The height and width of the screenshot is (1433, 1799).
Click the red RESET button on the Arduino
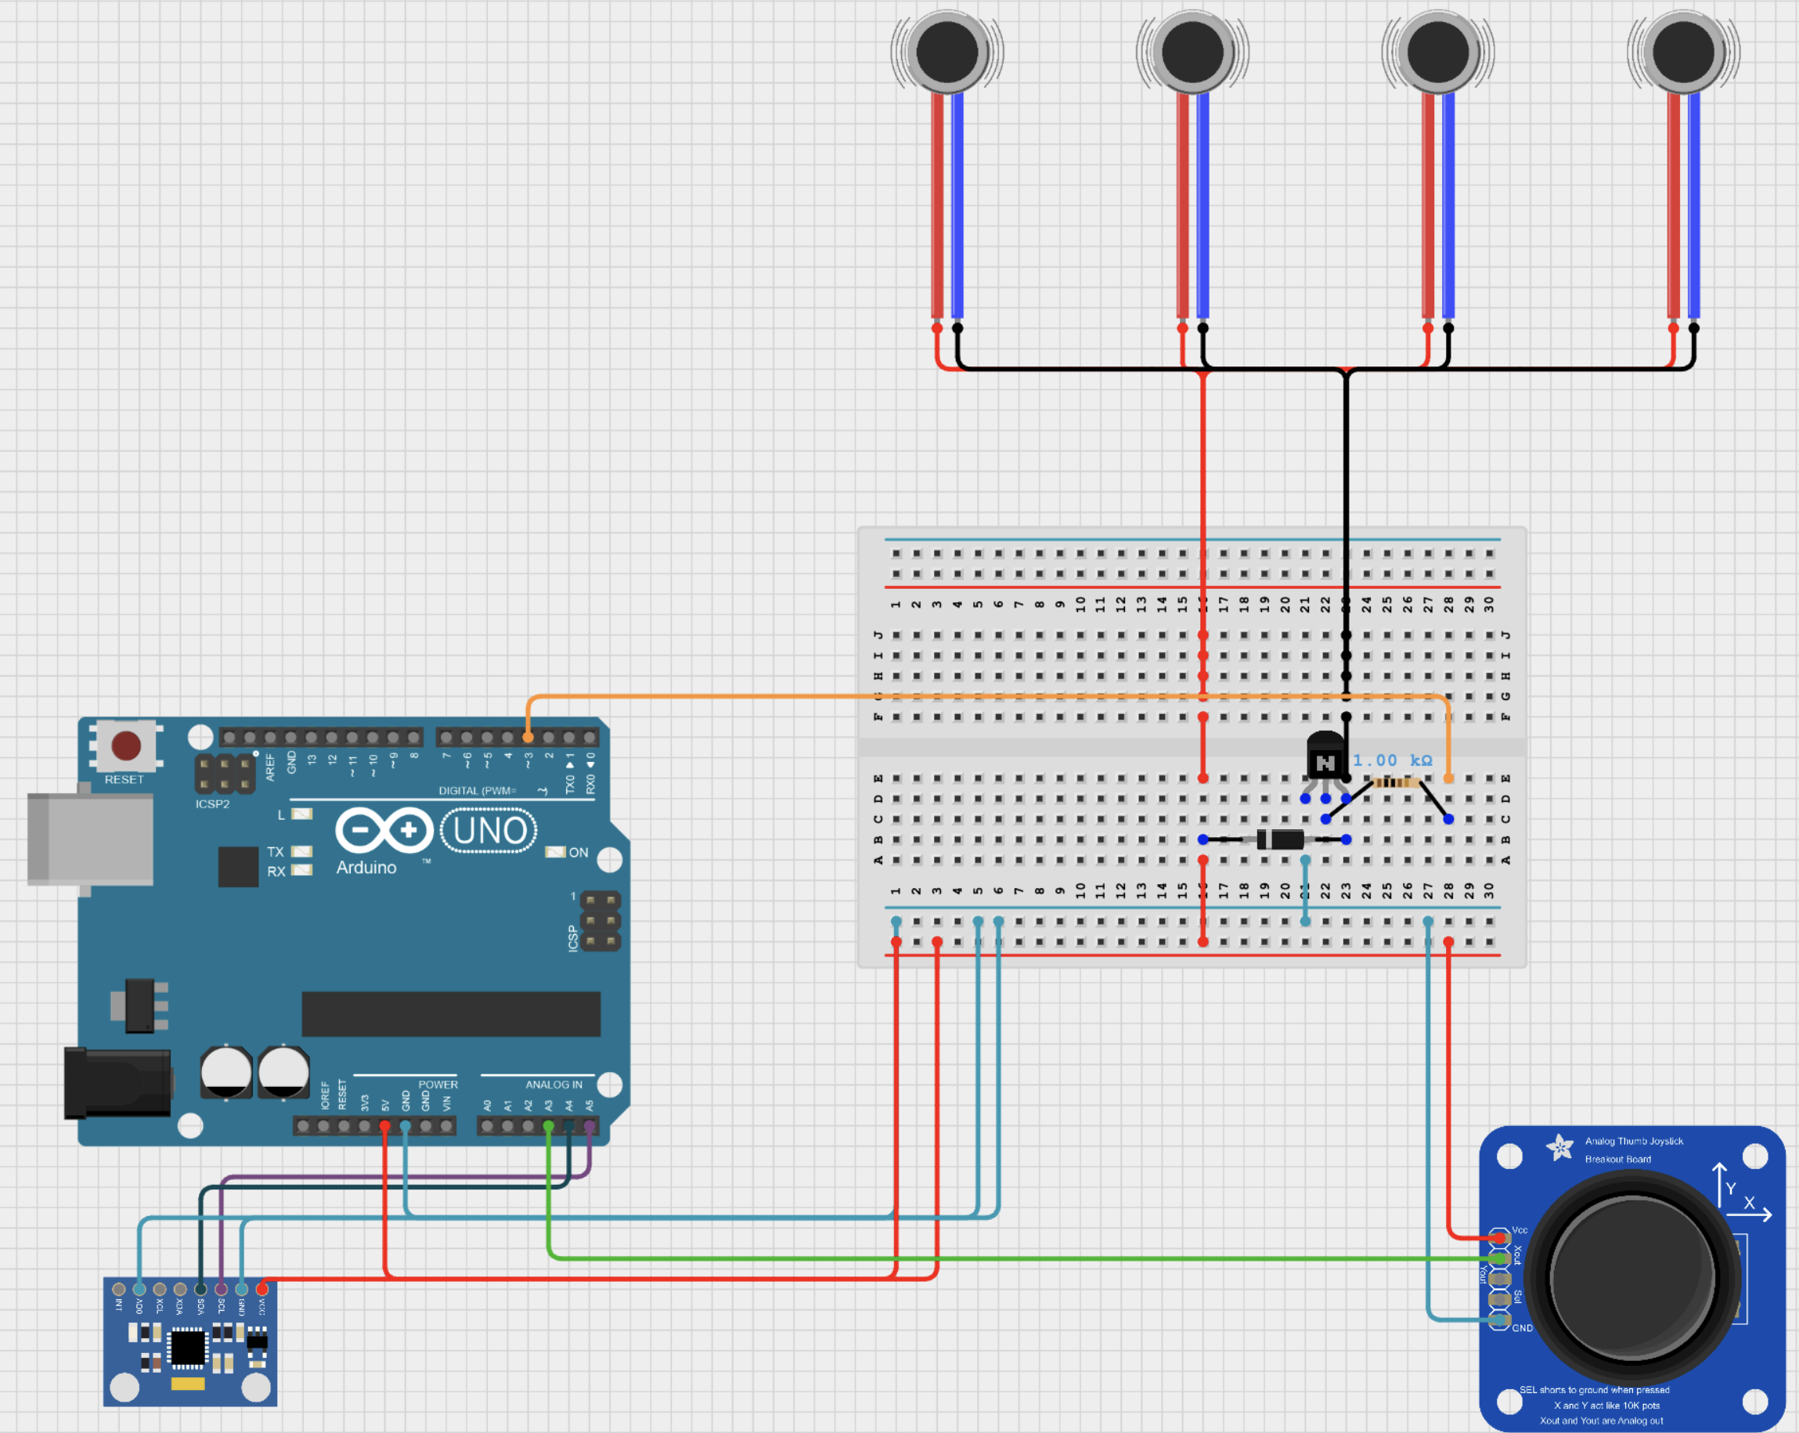click(126, 745)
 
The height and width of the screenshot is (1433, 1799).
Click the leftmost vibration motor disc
click(947, 52)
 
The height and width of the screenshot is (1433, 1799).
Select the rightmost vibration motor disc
click(1683, 52)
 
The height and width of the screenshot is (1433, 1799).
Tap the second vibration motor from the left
click(1192, 52)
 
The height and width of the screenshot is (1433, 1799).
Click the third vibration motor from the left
click(1437, 52)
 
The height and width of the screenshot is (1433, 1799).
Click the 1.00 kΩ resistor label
click(1392, 760)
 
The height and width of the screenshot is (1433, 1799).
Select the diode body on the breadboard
click(1281, 839)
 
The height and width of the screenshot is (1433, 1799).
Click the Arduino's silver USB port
click(90, 839)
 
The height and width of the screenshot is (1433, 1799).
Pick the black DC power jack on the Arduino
click(117, 1082)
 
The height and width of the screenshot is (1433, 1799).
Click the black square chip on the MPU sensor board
click(188, 1346)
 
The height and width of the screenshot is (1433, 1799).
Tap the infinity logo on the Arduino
click(384, 830)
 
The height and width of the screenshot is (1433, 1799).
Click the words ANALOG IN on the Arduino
click(554, 1084)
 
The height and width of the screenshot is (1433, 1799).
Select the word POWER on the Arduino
click(438, 1084)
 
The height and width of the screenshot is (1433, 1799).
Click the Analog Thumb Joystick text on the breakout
click(1634, 1141)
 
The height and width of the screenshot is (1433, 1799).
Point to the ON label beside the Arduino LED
click(579, 852)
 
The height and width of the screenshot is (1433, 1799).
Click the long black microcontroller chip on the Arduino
click(451, 1014)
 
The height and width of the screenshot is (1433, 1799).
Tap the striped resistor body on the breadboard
click(1397, 782)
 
